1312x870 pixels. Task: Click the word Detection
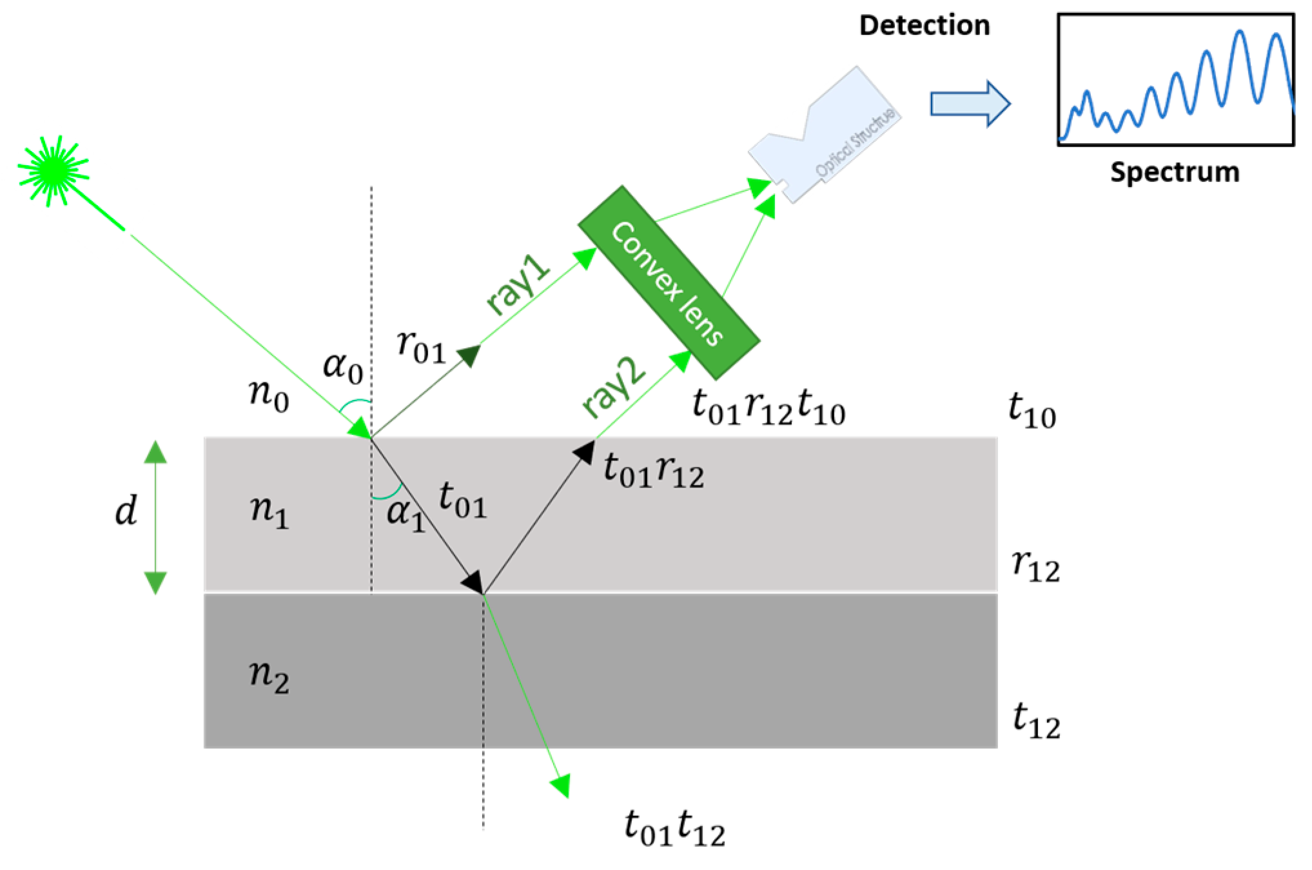(x=924, y=26)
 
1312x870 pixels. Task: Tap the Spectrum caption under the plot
(x=1174, y=173)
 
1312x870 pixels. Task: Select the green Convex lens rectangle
(x=669, y=282)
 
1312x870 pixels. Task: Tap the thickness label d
(x=126, y=512)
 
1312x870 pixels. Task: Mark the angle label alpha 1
(x=406, y=516)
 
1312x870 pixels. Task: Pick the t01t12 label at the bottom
(x=674, y=829)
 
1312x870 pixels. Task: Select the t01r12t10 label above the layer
(x=768, y=409)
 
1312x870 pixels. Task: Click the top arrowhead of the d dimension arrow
(x=155, y=452)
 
